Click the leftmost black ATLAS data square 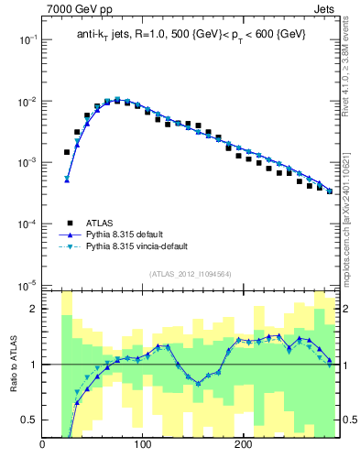point(67,152)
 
